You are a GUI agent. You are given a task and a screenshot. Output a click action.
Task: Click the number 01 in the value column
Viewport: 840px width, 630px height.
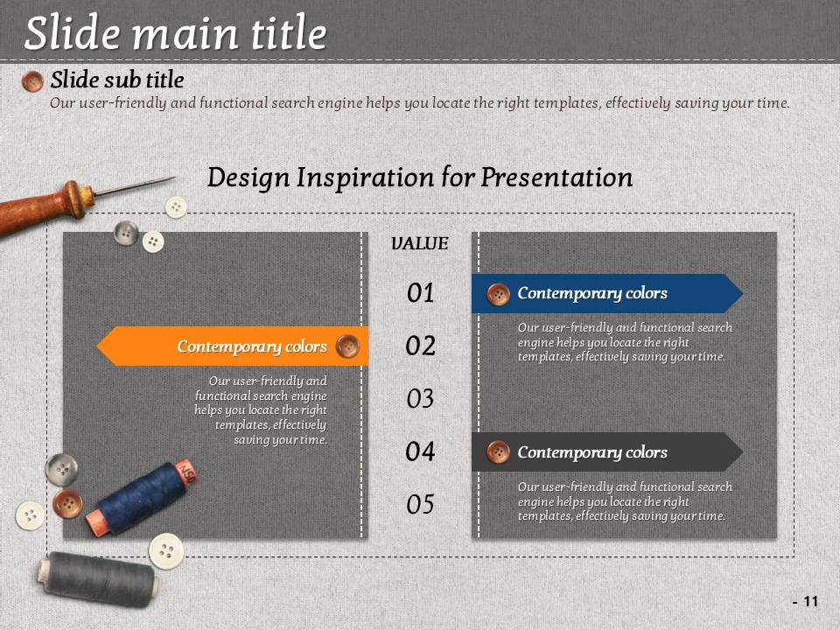pos(420,293)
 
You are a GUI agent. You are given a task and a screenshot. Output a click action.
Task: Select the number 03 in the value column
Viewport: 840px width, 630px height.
pos(420,399)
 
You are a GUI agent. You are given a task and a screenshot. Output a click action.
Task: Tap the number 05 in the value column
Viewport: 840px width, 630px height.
pos(420,504)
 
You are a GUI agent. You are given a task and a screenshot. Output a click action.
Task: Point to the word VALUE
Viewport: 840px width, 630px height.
pos(419,243)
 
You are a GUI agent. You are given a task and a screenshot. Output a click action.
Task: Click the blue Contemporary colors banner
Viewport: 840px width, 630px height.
pos(607,294)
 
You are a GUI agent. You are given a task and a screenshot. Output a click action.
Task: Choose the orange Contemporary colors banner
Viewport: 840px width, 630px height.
pos(233,346)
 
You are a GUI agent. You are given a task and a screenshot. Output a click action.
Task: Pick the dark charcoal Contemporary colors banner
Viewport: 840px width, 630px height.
pos(607,452)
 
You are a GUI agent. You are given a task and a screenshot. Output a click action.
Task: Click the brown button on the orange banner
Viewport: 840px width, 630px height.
pos(347,346)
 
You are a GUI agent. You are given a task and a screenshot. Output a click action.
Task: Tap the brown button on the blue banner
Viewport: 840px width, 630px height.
pos(498,295)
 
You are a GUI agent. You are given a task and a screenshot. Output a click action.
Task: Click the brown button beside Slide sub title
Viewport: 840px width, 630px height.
pos(32,81)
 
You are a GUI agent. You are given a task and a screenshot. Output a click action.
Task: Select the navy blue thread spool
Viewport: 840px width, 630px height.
pos(142,497)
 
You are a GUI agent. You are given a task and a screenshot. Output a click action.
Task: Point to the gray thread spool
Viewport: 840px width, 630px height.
pos(97,579)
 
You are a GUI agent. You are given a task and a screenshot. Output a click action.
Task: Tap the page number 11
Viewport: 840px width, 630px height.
pos(811,602)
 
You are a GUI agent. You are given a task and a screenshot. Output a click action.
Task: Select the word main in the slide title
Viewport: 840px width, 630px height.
pos(185,33)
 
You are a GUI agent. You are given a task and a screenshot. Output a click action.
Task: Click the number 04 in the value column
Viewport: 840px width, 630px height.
pos(420,451)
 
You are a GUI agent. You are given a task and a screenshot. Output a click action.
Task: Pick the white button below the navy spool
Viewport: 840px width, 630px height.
pos(166,550)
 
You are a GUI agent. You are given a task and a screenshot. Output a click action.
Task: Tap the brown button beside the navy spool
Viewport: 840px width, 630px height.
pos(67,504)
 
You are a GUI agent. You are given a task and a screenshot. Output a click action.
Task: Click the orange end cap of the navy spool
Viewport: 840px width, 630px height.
pos(97,523)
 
